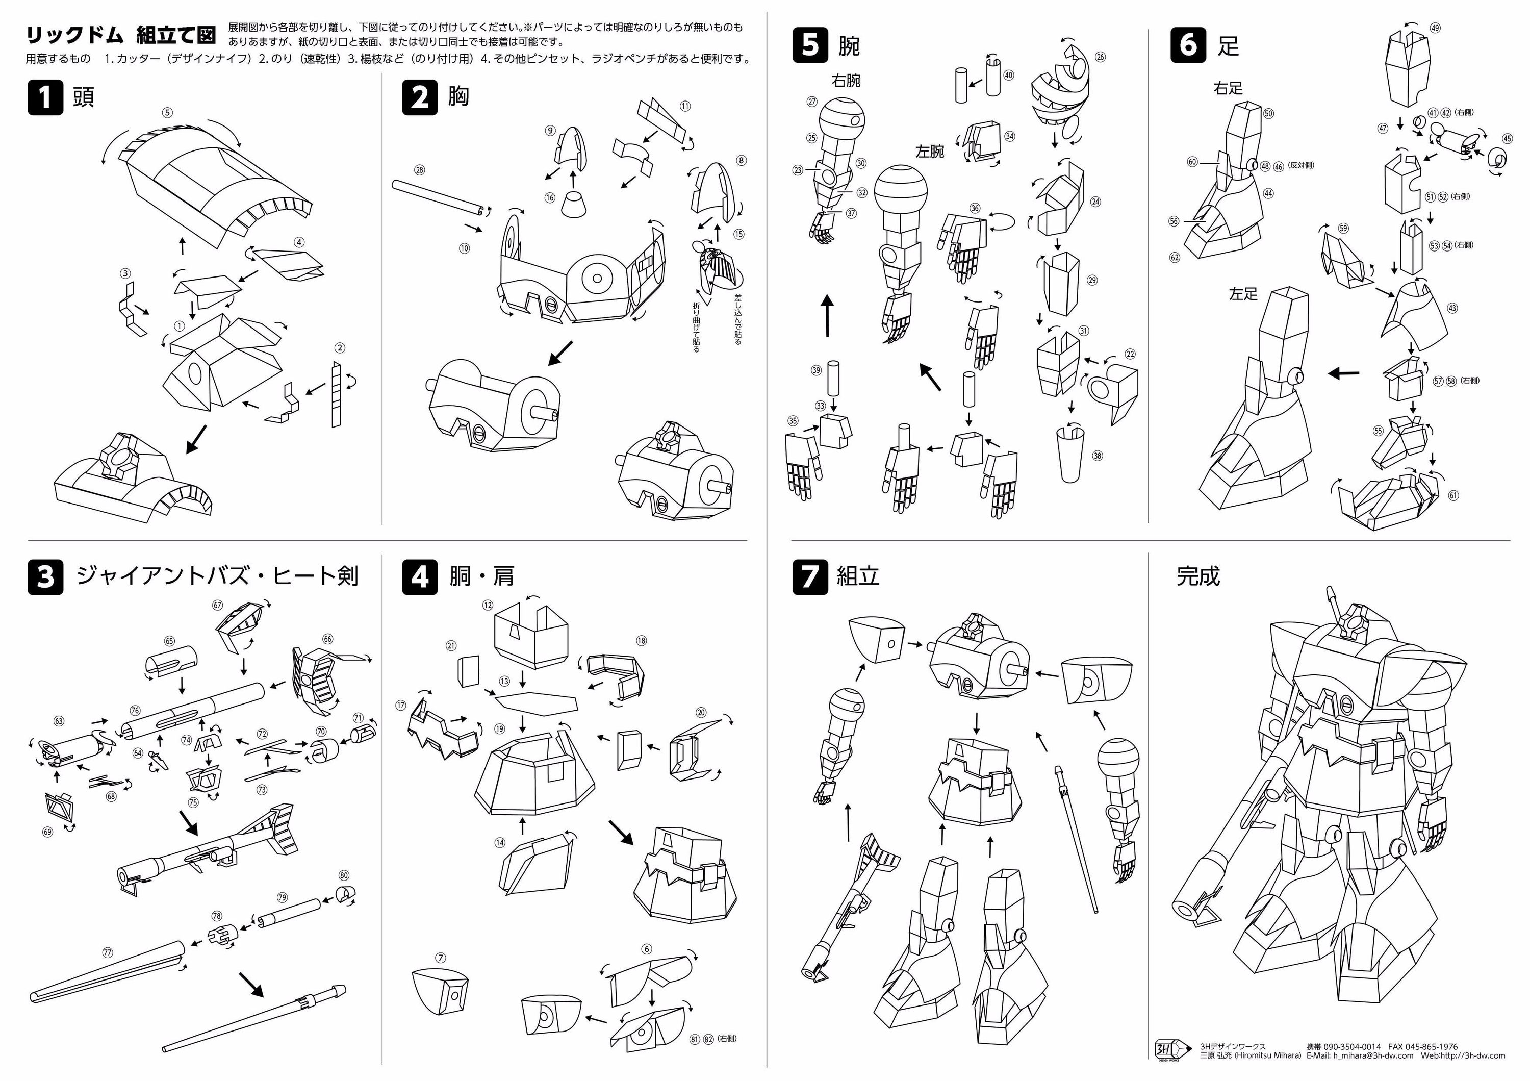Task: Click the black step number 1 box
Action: [45, 97]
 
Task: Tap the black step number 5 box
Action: [810, 45]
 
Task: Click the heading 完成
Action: [1197, 576]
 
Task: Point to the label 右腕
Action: [846, 81]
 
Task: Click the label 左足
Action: [1243, 294]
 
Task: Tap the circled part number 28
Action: [419, 170]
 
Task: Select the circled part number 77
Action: [108, 952]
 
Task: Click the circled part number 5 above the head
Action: [167, 113]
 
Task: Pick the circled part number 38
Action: [1097, 456]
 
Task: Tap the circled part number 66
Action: [327, 639]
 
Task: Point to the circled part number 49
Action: [1435, 28]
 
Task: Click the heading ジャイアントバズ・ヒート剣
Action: [217, 576]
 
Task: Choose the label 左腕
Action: [930, 152]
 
